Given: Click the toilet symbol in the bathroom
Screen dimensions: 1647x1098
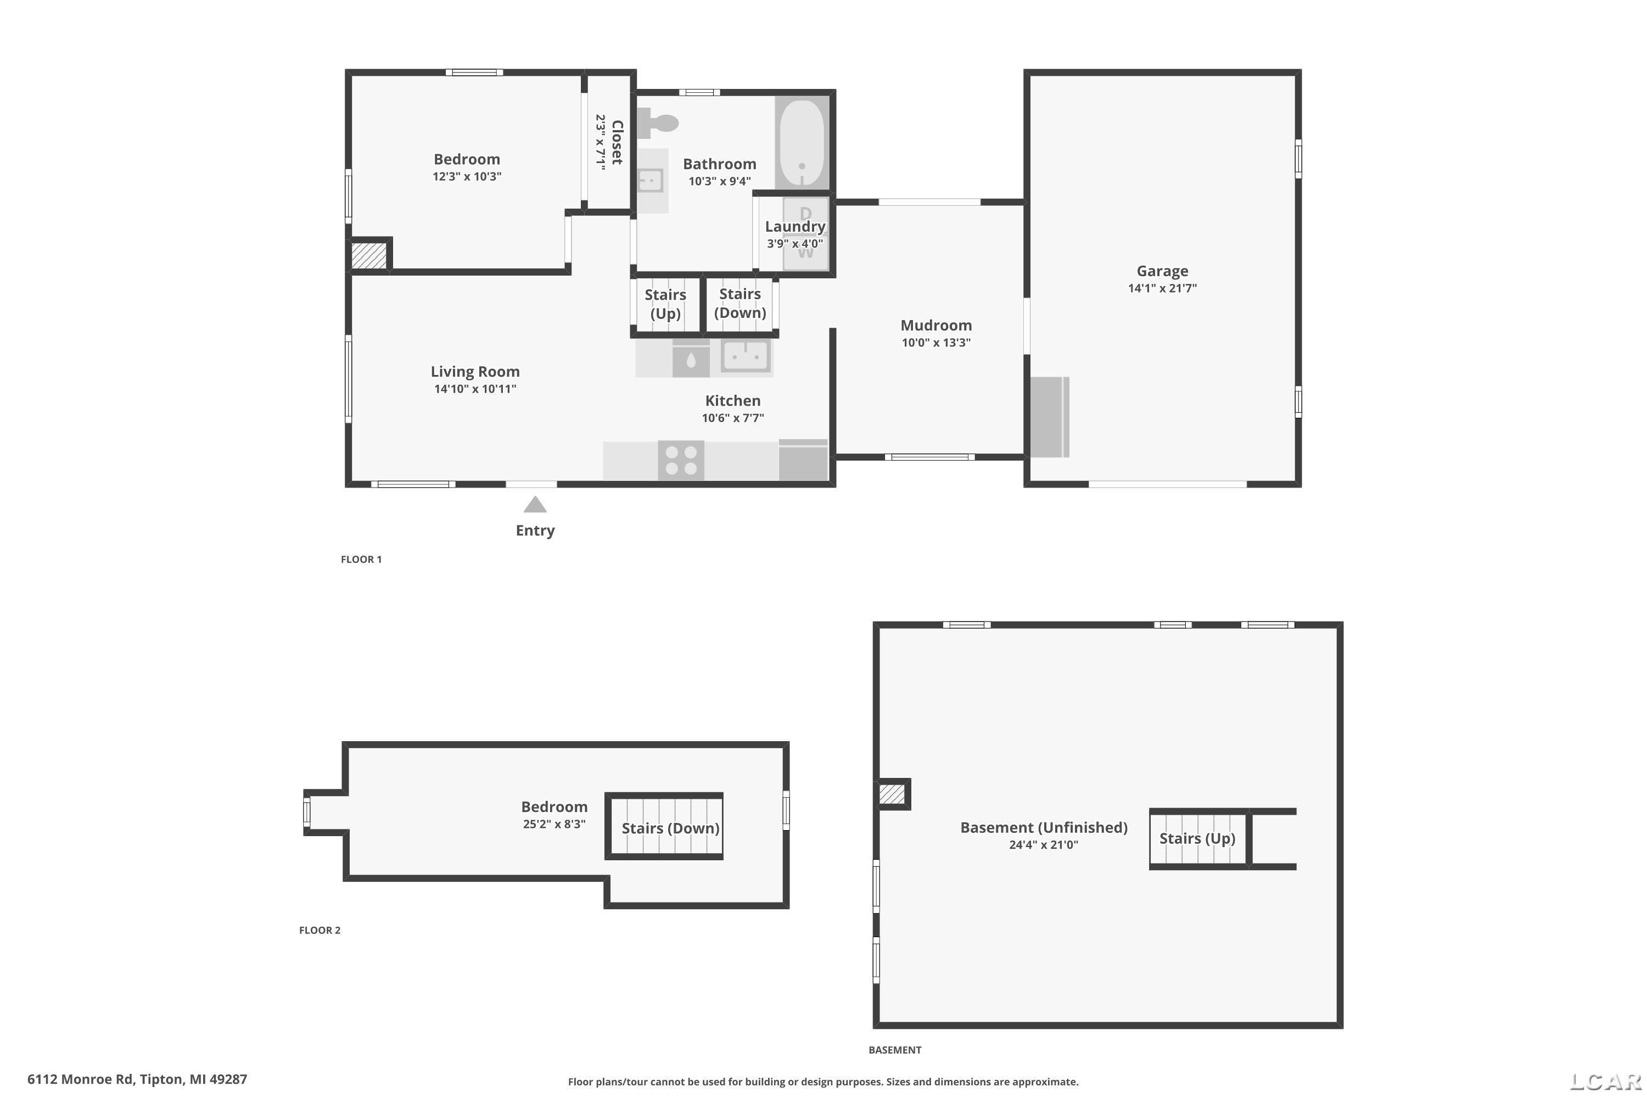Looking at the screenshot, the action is pyautogui.click(x=658, y=123).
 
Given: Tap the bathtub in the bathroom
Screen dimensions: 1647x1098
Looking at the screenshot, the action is pyautogui.click(x=802, y=143).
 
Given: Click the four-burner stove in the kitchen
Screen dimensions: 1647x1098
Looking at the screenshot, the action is pyautogui.click(x=681, y=460).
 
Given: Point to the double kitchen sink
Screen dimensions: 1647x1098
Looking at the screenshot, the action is pyautogui.click(x=746, y=356).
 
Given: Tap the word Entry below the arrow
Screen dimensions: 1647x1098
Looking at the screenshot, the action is pyautogui.click(x=535, y=530).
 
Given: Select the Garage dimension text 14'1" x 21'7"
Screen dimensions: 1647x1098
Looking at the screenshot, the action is pyautogui.click(x=1162, y=288).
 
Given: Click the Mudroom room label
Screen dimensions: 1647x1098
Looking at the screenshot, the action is pyautogui.click(x=936, y=325).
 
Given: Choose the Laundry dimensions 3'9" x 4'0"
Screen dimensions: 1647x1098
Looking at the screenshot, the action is pyautogui.click(x=795, y=244).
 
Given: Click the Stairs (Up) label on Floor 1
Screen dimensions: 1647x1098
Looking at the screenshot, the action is pyautogui.click(x=665, y=304).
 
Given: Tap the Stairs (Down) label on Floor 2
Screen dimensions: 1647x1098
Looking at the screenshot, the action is pyautogui.click(x=671, y=828).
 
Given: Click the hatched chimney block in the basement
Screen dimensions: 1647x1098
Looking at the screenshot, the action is pyautogui.click(x=892, y=794).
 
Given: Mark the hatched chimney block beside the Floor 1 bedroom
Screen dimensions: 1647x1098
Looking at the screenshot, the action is pyautogui.click(x=368, y=255).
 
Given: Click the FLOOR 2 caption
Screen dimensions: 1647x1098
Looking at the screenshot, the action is pyautogui.click(x=320, y=930).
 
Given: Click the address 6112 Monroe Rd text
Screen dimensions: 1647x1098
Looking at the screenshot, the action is pyautogui.click(x=80, y=1079).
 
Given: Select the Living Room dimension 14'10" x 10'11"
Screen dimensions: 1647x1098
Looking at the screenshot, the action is pyautogui.click(x=475, y=389).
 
